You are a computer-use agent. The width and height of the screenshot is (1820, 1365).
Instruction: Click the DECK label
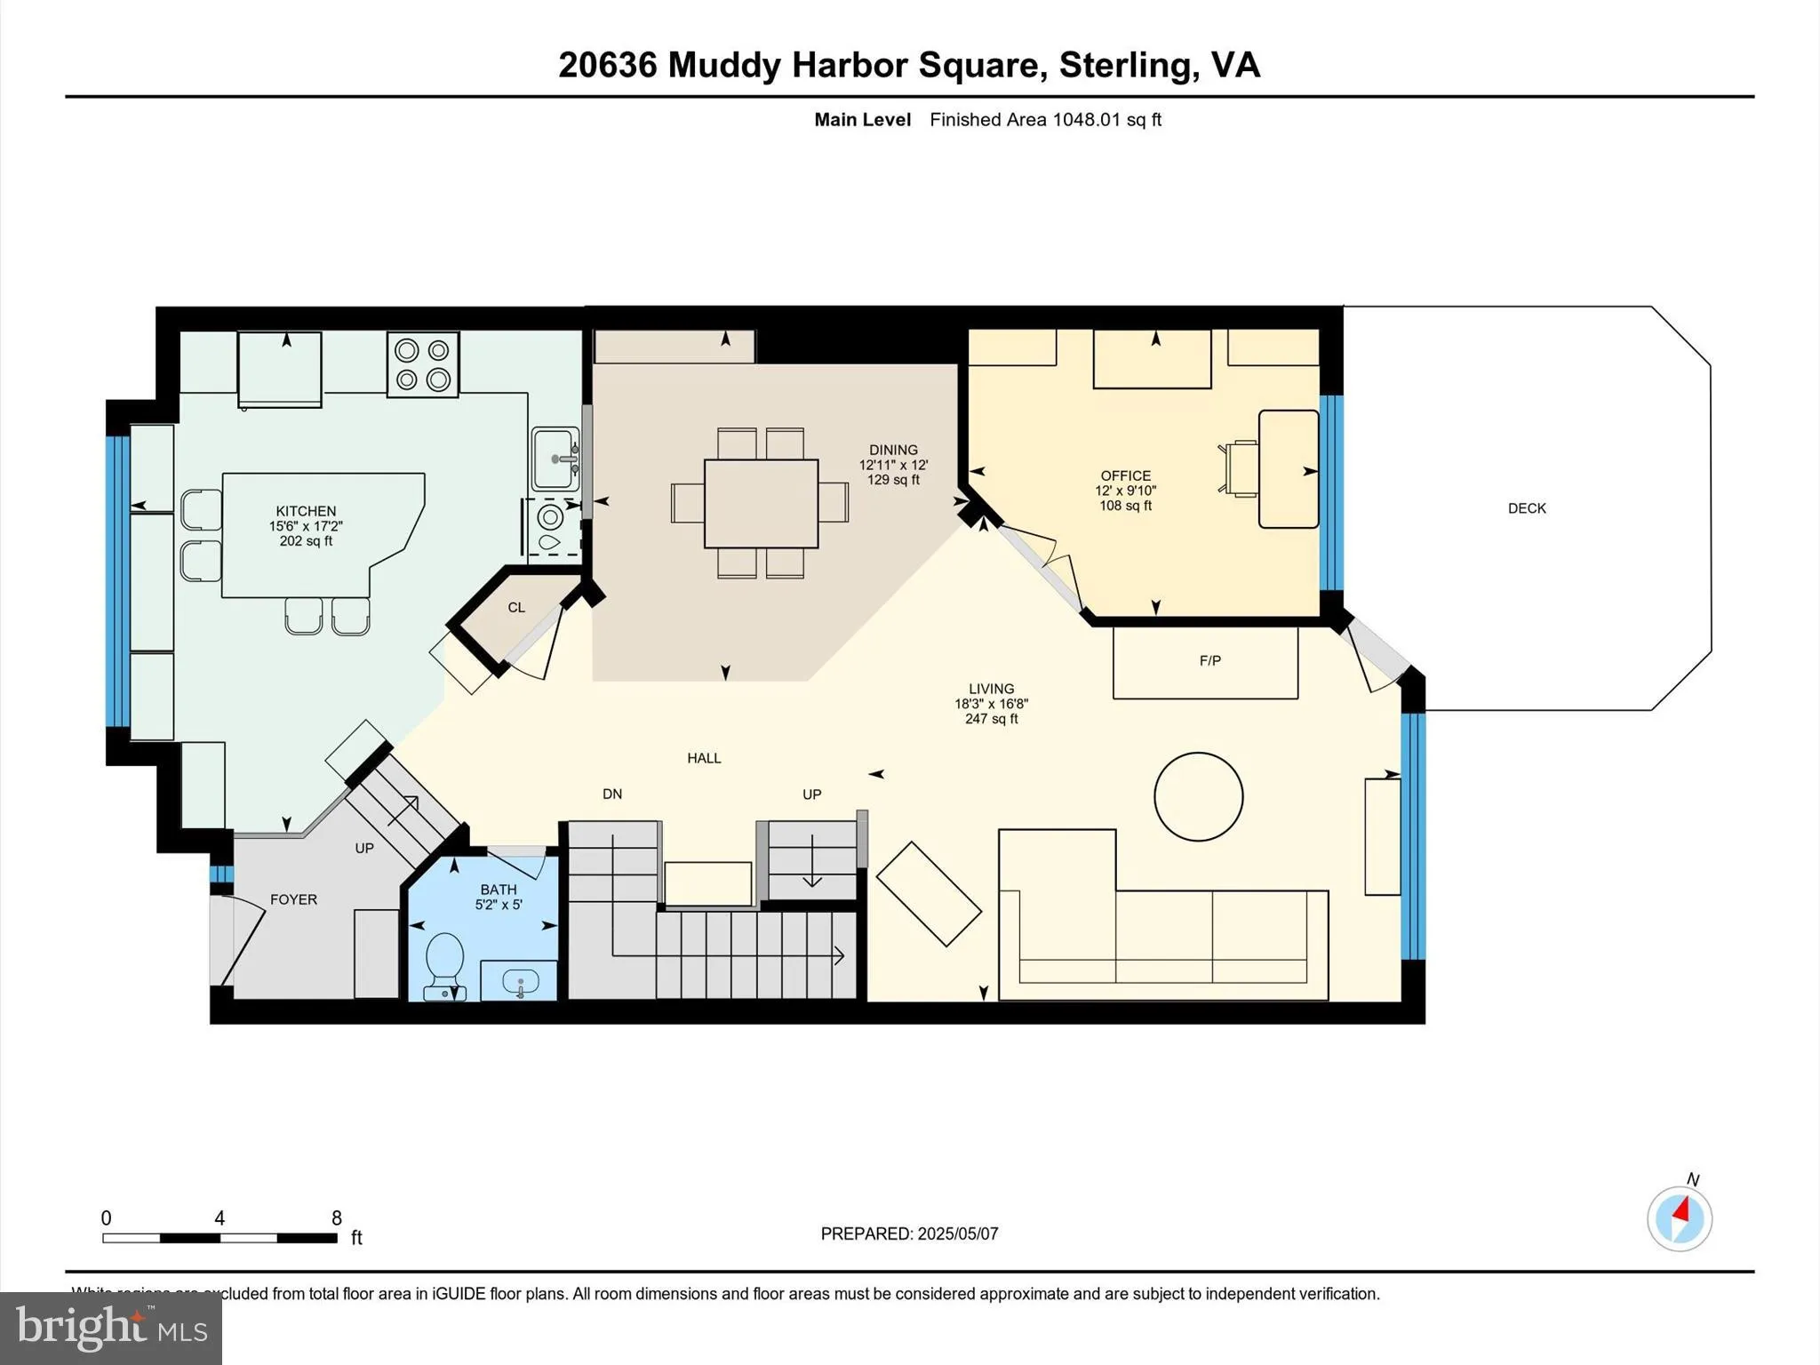[1527, 508]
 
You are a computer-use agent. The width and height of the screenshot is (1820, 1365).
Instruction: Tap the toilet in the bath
[444, 961]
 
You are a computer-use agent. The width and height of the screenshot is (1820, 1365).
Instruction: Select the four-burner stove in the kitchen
[423, 364]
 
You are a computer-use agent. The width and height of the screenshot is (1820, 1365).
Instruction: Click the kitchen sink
[555, 459]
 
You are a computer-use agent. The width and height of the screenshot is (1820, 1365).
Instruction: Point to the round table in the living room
[1198, 796]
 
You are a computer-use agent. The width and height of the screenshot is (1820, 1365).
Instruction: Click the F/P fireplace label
[1209, 660]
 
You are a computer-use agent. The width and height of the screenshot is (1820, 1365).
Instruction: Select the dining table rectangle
[761, 503]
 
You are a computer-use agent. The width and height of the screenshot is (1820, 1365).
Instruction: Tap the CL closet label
[516, 608]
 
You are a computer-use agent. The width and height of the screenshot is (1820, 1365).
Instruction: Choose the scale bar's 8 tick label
[337, 1218]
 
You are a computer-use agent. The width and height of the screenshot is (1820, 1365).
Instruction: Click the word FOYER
[293, 899]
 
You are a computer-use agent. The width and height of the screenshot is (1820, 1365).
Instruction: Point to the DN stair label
[612, 794]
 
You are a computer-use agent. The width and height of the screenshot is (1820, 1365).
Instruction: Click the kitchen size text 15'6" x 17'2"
[306, 526]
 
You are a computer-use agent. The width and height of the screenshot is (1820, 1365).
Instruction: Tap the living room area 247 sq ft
[991, 719]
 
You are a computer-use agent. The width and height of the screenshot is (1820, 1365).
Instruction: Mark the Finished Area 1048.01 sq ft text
[1045, 120]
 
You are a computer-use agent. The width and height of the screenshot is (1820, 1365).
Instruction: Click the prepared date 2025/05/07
[957, 1233]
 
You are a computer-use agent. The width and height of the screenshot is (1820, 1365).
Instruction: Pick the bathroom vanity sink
[520, 982]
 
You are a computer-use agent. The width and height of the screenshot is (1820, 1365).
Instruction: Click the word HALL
[704, 758]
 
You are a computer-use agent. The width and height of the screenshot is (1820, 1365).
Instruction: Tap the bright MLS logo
[111, 1328]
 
